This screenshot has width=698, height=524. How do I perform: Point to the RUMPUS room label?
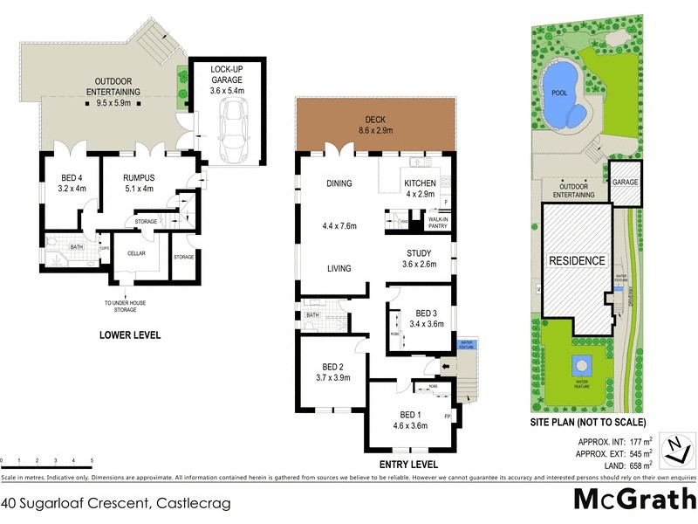127,181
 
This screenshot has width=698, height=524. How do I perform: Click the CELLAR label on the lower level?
135,253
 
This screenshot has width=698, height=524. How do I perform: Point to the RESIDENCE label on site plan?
576,260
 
